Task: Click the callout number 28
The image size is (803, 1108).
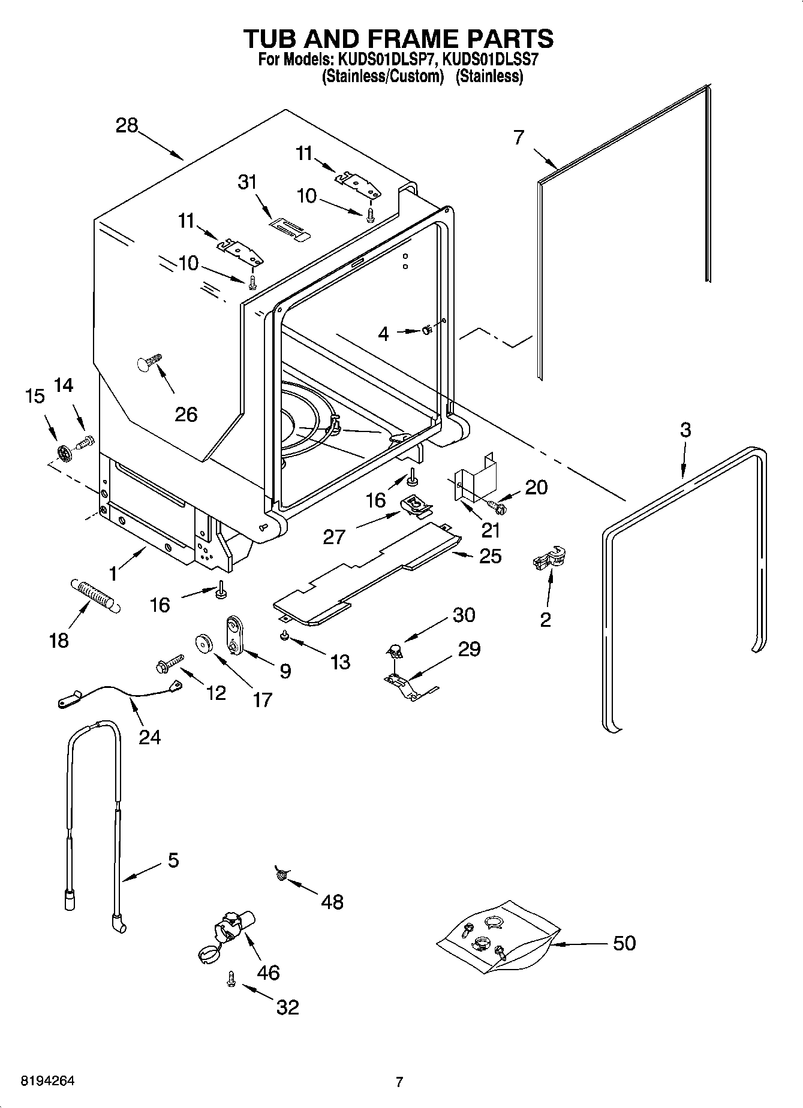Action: coord(127,125)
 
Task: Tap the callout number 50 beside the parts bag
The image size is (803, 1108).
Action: coord(624,943)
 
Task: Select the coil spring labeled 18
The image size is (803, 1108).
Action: coord(96,594)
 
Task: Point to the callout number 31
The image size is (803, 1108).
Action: coord(248,182)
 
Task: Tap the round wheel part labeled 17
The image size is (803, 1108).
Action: coord(206,643)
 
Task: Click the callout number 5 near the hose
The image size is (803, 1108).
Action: coord(173,861)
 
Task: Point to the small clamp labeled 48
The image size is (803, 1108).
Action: coord(281,875)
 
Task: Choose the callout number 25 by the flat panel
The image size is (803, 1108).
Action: coord(490,556)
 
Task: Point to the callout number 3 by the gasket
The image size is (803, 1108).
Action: coord(685,430)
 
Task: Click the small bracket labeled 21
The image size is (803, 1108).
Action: coord(475,473)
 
